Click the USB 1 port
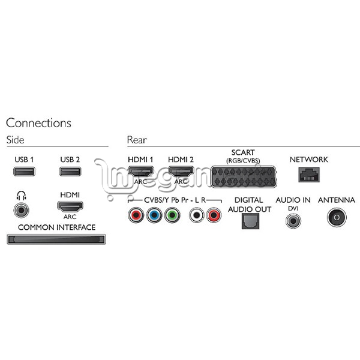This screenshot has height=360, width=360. pyautogui.click(x=24, y=172)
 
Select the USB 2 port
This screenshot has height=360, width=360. pyautogui.click(x=70, y=172)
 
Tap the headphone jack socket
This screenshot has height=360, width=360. pyautogui.click(x=22, y=210)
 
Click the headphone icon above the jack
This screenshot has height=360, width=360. pyautogui.click(x=21, y=196)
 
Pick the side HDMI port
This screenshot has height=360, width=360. pyautogui.click(x=70, y=206)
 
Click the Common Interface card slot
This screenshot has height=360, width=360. pyautogui.click(x=56, y=239)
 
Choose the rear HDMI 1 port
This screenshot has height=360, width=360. pyautogui.click(x=140, y=171)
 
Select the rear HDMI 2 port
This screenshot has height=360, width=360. pyautogui.click(x=181, y=171)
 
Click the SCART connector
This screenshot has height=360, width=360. pyautogui.click(x=244, y=177)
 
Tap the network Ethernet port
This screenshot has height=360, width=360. pyautogui.click(x=309, y=175)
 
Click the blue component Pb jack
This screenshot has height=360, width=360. pyautogui.click(x=154, y=215)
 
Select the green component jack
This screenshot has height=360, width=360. pyautogui.click(x=172, y=215)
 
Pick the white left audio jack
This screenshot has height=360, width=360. pyautogui.click(x=196, y=215)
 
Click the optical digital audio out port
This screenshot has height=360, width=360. pyautogui.click(x=250, y=221)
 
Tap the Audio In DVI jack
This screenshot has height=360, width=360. pyautogui.click(x=293, y=221)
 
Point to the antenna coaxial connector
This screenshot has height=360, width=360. pyautogui.click(x=337, y=217)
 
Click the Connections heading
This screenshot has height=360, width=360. pyautogui.click(x=38, y=123)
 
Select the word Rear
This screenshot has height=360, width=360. pyautogui.click(x=137, y=140)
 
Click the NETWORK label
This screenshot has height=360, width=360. pyautogui.click(x=309, y=160)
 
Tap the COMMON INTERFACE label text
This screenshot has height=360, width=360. pyautogui.click(x=57, y=227)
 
